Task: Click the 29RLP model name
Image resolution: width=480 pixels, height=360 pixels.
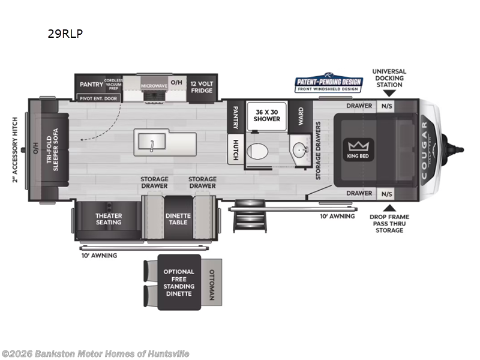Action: [65, 34]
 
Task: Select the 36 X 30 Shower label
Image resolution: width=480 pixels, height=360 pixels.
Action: [268, 115]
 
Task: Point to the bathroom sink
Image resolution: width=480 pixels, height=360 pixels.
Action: [298, 149]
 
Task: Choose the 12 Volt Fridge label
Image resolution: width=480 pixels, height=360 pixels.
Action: [201, 86]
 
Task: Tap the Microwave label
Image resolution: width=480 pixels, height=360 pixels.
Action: [154, 86]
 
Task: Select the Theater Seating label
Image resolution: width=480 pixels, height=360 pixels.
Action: [108, 219]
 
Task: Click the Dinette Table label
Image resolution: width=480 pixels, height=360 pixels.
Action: [178, 219]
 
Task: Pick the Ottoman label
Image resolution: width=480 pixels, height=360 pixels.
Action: [211, 284]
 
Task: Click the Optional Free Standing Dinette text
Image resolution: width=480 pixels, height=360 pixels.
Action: [179, 283]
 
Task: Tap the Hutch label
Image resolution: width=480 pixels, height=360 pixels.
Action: [236, 149]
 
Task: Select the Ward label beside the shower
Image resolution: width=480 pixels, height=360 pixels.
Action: [301, 115]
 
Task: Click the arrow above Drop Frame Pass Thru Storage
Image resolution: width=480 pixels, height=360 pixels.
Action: [387, 207]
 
